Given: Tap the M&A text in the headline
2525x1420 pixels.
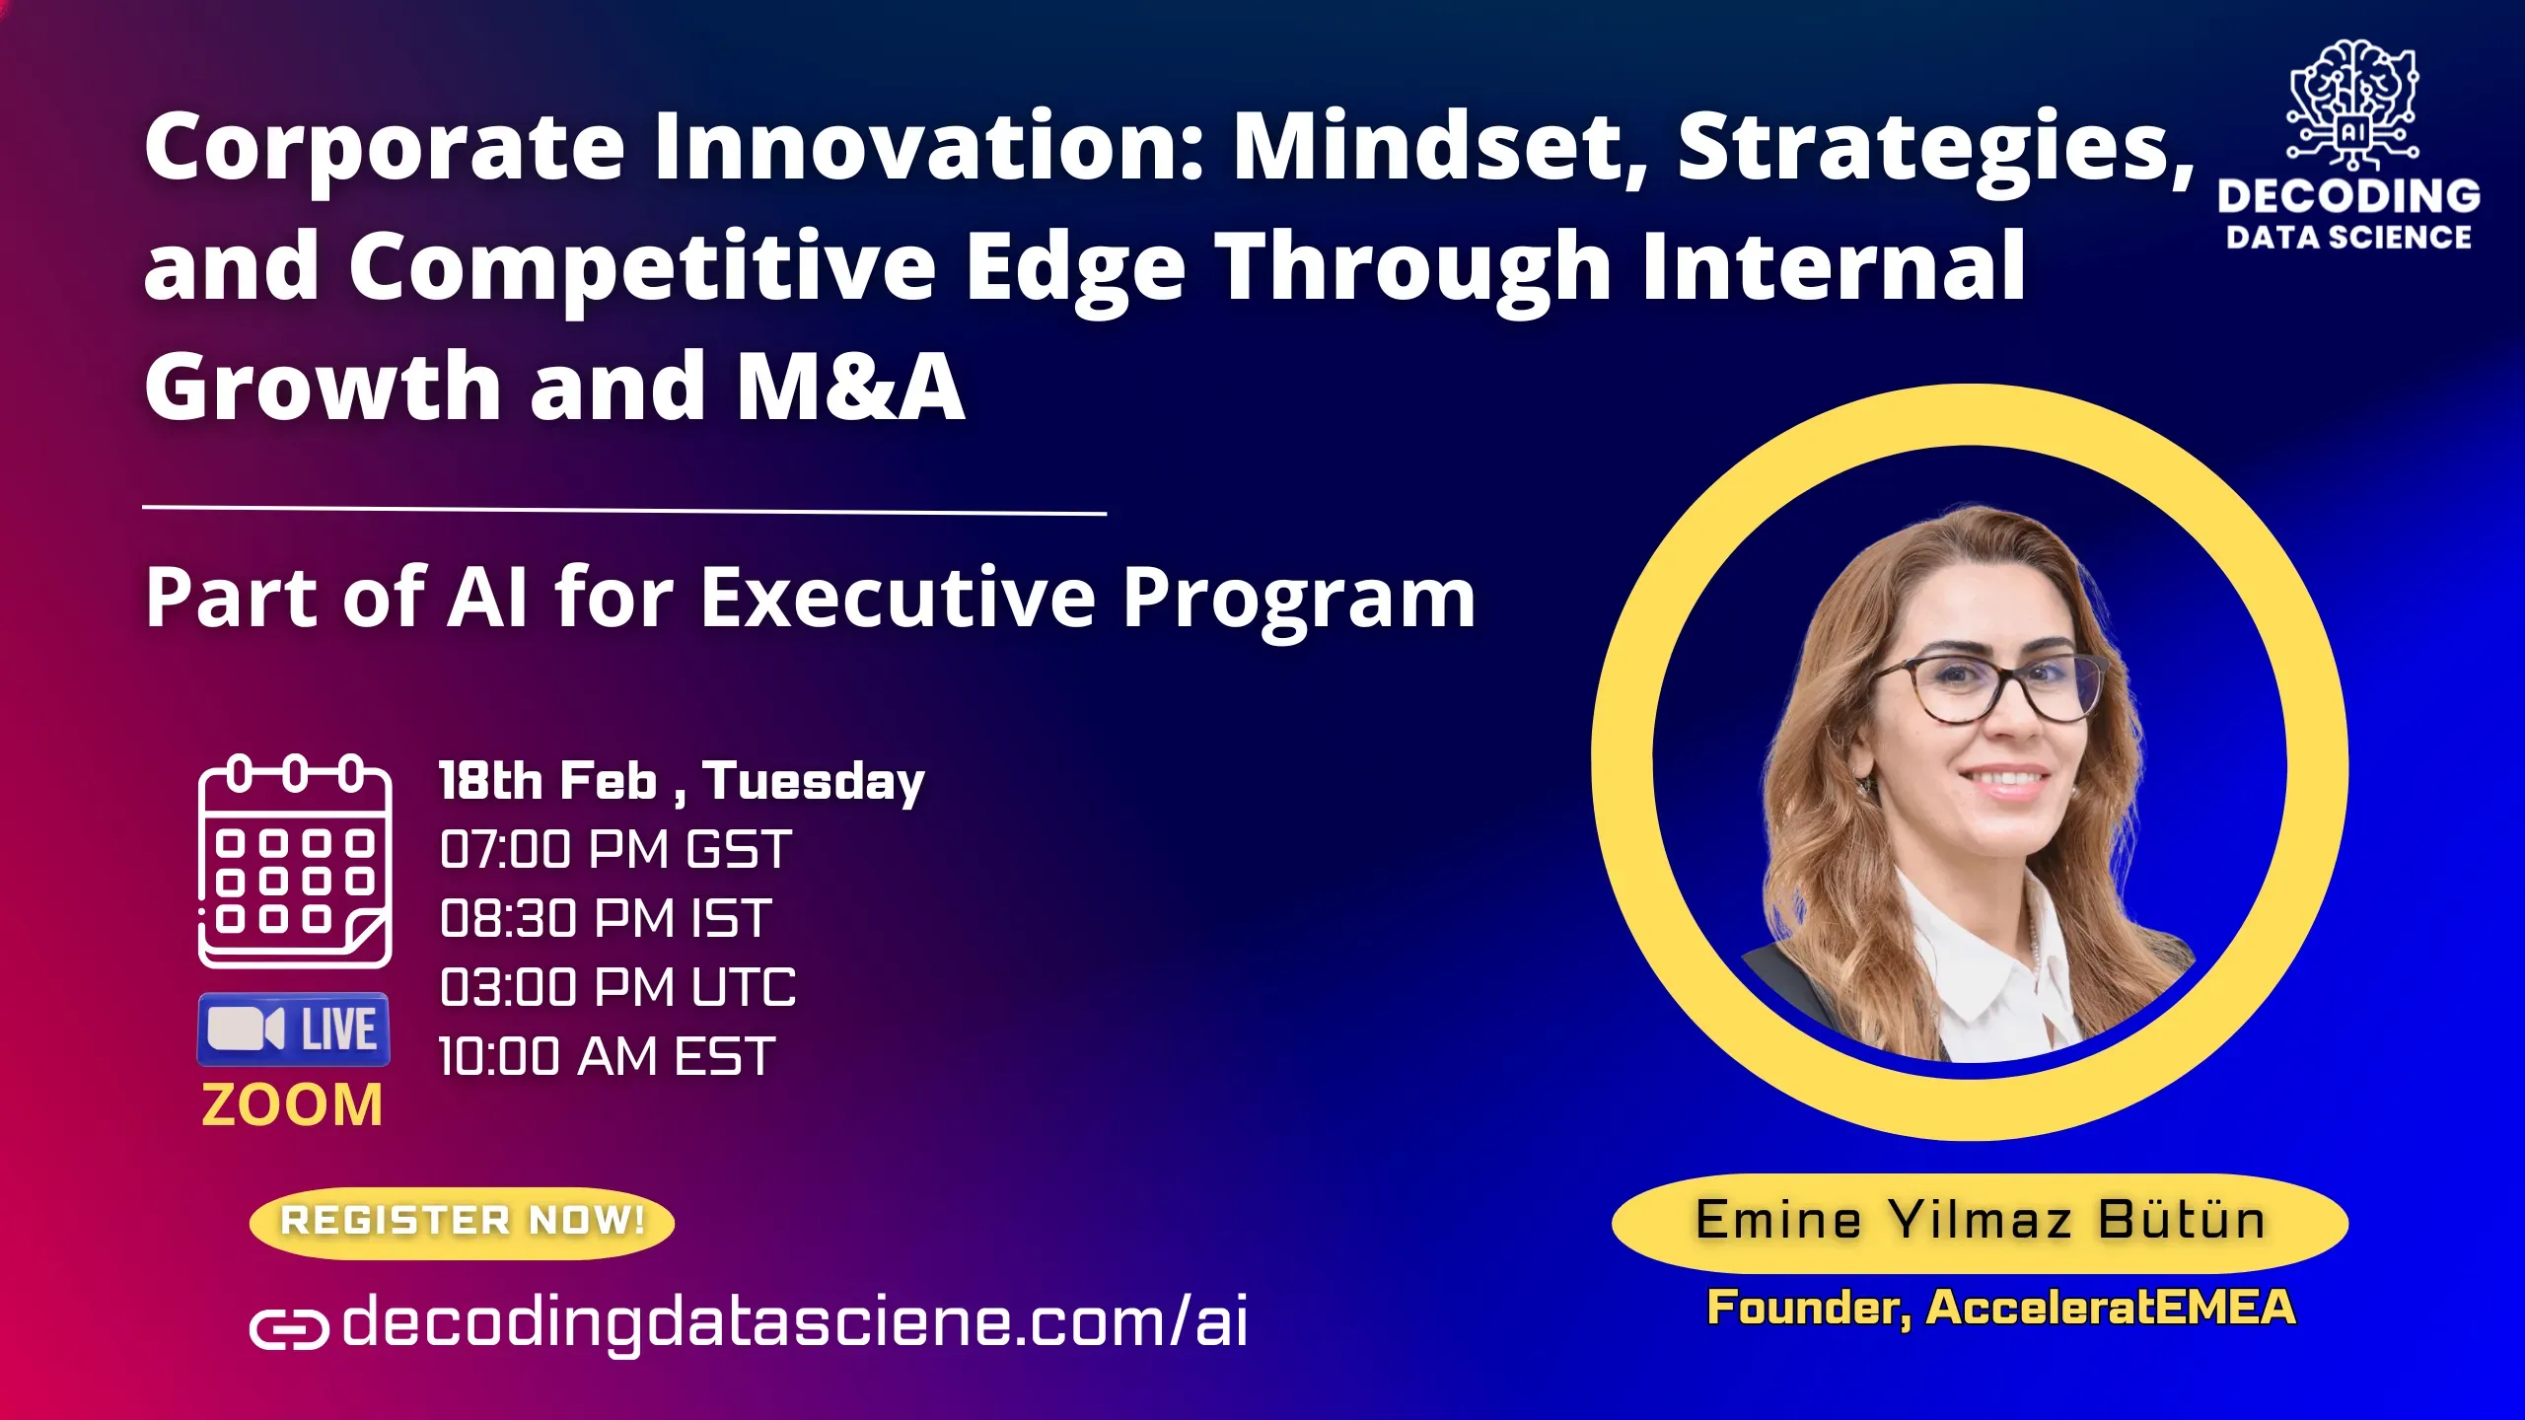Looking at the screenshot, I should click(x=850, y=387).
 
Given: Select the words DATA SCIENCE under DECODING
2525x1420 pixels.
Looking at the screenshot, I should click(x=2348, y=238).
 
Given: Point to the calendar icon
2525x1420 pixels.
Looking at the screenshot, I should click(x=295, y=861).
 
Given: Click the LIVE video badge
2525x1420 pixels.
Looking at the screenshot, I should click(x=294, y=1029).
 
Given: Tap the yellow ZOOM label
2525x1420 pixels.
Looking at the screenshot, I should click(x=292, y=1104).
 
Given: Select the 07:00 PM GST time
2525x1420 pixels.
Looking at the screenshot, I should click(x=615, y=850).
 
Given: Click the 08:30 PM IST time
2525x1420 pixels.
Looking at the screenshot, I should click(x=605, y=919).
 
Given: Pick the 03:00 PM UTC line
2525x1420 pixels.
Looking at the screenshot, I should click(x=617, y=988).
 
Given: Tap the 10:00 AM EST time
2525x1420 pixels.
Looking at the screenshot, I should click(x=607, y=1057).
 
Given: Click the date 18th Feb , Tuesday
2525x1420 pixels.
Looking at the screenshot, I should click(x=682, y=781).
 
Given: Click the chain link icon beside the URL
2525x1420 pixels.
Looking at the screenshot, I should click(x=288, y=1328).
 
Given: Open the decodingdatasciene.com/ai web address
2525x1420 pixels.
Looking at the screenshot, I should click(x=794, y=1321).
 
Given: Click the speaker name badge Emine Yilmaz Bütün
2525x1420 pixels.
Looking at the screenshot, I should click(x=1980, y=1221).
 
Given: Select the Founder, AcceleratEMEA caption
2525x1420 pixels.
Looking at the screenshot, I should click(x=2001, y=1308).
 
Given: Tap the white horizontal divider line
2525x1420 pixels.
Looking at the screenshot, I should click(x=623, y=510).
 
